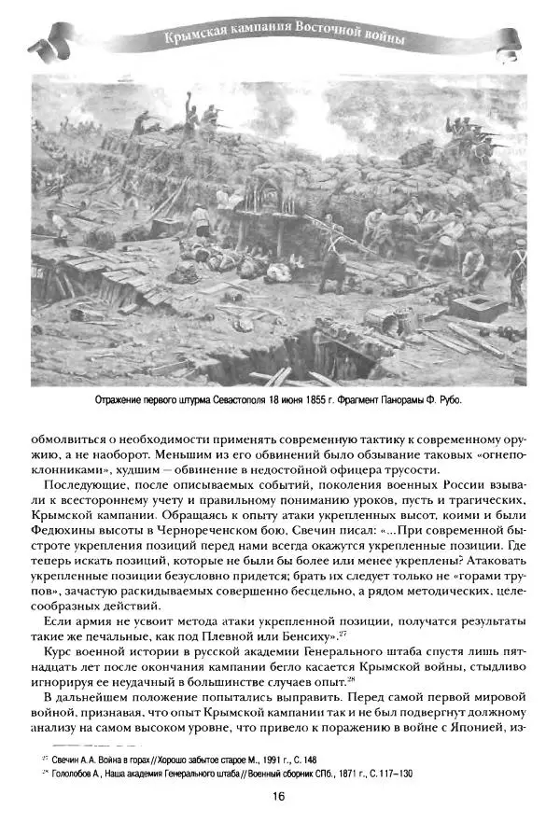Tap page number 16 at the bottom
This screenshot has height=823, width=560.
pyautogui.click(x=279, y=797)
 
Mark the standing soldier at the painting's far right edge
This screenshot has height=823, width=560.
pyautogui.click(x=517, y=276)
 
